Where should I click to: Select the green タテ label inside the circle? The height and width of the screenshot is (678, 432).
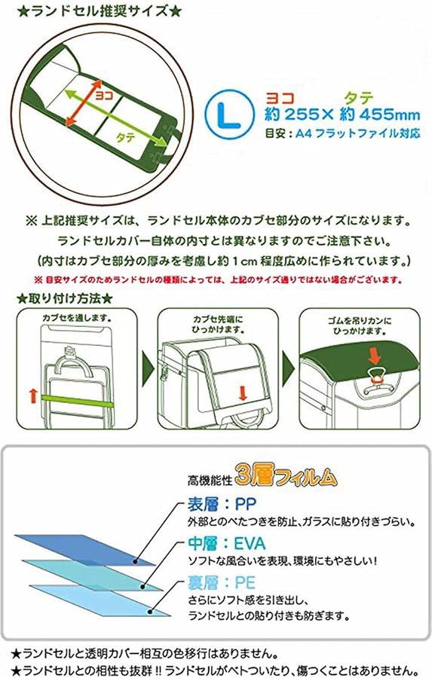tap(125, 138)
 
